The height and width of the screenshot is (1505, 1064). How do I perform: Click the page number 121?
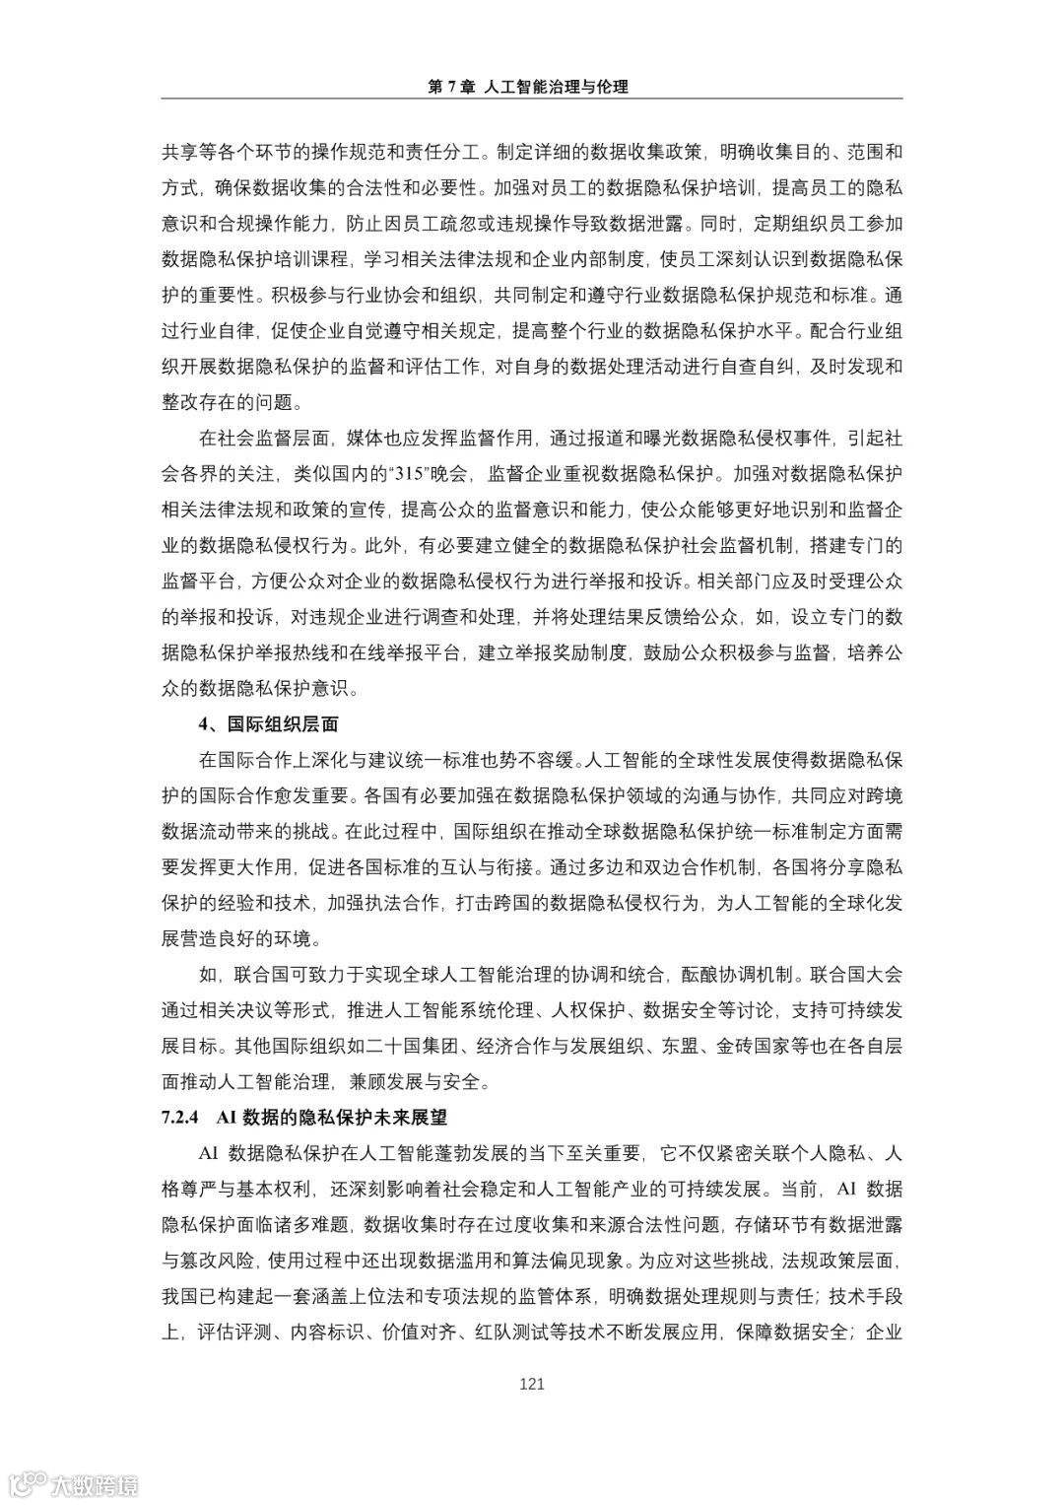pyautogui.click(x=532, y=1384)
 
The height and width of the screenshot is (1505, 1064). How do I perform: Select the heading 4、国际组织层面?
pyautogui.click(x=269, y=724)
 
